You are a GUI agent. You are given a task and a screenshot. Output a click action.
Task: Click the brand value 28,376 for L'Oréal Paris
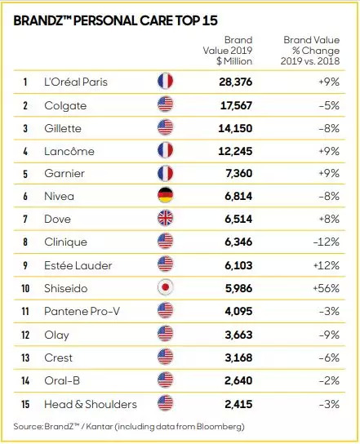[235, 82]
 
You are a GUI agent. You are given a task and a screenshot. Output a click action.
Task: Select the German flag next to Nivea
[165, 195]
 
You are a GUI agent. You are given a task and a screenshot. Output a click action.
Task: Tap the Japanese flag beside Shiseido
[165, 287]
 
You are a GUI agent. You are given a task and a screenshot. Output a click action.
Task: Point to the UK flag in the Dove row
[165, 218]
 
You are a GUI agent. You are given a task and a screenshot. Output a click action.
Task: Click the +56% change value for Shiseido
[327, 288]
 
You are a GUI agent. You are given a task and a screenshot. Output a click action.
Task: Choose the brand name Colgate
[65, 106]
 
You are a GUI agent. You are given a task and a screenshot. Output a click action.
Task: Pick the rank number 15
[25, 404]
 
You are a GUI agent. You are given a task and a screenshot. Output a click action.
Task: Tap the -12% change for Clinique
[327, 242]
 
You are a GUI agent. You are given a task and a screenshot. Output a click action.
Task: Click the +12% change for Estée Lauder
[327, 265]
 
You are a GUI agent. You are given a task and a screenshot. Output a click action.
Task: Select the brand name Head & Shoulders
[91, 404]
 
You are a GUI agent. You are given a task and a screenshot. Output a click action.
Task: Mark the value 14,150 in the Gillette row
[235, 129]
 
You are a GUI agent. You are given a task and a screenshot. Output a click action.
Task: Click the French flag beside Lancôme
[165, 150]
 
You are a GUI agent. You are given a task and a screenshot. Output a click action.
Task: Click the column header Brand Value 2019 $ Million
[228, 51]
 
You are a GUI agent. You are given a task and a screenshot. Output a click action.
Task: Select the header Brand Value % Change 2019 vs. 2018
[310, 51]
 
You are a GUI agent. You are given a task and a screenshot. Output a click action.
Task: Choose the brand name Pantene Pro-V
[82, 312]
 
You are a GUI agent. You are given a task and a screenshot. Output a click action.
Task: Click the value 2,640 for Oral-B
[238, 380]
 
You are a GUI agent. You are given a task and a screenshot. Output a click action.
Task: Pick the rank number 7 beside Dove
[25, 220]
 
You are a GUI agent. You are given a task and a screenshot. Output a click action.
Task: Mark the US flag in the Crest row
[165, 356]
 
